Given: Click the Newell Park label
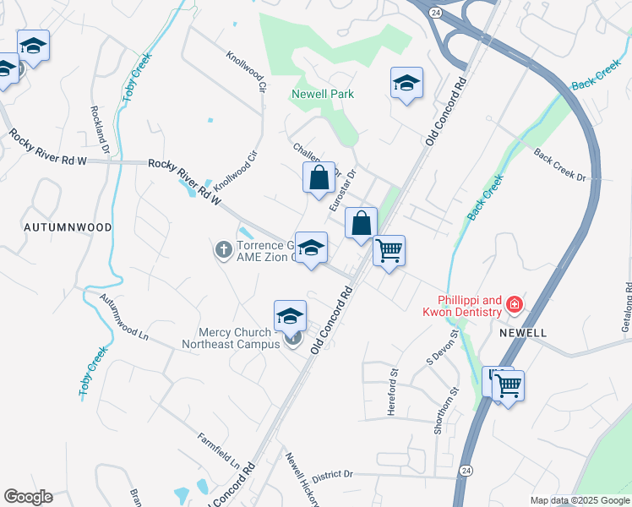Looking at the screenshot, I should pyautogui.click(x=323, y=95).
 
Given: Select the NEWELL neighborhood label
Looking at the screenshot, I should pyautogui.click(x=523, y=333).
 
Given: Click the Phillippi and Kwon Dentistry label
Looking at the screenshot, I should pyautogui.click(x=469, y=306).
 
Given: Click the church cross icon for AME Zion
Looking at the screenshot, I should pyautogui.click(x=223, y=249).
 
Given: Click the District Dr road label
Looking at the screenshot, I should pyautogui.click(x=331, y=475).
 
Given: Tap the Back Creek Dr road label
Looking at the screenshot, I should pyautogui.click(x=559, y=164).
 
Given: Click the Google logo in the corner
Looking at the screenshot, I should pyautogui.click(x=28, y=497).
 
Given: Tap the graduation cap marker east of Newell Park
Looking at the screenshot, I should pyautogui.click(x=406, y=84).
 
